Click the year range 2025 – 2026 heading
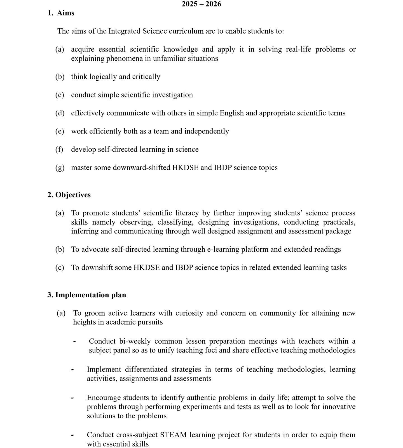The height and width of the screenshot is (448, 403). (x=201, y=4)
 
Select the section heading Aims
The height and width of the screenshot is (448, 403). (x=65, y=13)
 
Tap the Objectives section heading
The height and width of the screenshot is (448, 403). (x=73, y=195)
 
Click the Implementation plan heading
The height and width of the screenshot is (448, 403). (x=90, y=295)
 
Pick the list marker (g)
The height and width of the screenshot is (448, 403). (x=60, y=168)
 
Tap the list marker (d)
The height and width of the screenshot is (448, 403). (x=60, y=113)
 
